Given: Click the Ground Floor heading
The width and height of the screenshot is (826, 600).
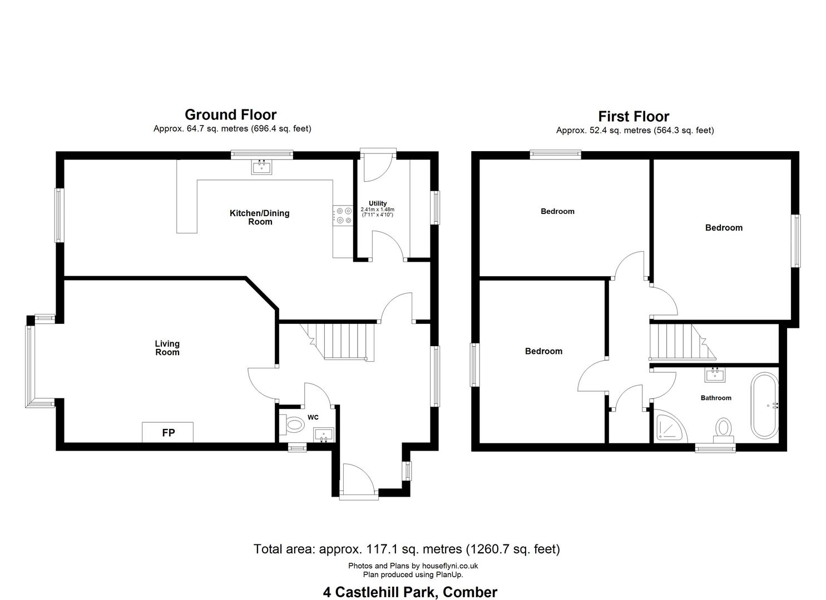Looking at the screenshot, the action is click(230, 115).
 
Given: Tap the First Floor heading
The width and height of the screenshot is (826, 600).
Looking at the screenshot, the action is click(634, 117).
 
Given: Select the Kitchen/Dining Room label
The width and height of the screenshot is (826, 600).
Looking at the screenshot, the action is click(260, 217).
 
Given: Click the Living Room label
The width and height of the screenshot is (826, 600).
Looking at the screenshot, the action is click(167, 348).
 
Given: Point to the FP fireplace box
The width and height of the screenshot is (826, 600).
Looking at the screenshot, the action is click(168, 432).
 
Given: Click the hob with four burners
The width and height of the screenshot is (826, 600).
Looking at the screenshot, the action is click(343, 216).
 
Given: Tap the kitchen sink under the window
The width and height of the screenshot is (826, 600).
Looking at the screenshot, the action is click(262, 167).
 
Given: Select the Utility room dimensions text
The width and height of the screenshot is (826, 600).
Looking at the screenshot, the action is click(377, 212).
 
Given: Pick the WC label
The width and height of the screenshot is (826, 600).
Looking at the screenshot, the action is click(313, 417).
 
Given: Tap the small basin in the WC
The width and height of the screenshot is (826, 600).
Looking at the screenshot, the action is click(323, 434).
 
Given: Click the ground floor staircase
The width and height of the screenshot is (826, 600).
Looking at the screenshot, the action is click(338, 341).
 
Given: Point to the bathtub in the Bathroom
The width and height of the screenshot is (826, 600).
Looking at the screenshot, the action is click(765, 406).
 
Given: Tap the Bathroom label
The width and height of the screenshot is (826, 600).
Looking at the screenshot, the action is click(716, 398).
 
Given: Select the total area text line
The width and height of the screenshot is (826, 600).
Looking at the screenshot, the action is click(407, 549).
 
